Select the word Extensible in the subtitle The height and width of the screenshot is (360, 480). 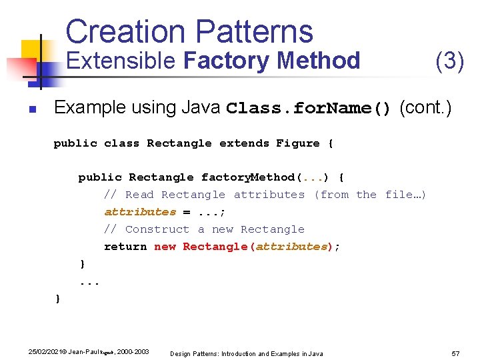(x=121, y=61)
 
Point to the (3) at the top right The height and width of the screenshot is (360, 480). (x=449, y=61)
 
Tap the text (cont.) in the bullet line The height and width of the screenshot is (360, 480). (x=425, y=107)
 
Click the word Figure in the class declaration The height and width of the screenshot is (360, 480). (x=298, y=143)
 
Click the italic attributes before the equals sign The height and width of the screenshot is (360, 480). (x=140, y=212)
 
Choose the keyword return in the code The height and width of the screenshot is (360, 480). (x=125, y=247)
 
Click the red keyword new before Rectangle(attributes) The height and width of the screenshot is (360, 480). (x=165, y=247)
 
